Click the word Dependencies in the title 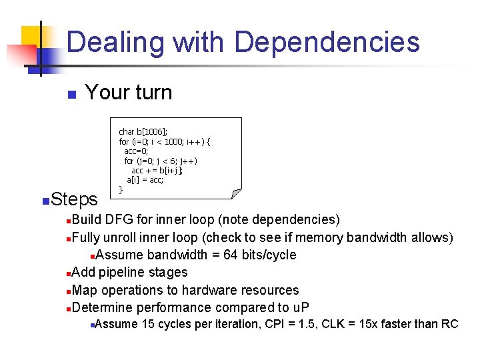click(327, 41)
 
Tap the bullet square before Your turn click(71, 95)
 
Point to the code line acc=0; click(136, 151)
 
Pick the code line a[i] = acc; click(145, 180)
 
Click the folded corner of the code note click(235, 193)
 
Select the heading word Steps click(74, 199)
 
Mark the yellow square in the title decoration click(32, 37)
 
